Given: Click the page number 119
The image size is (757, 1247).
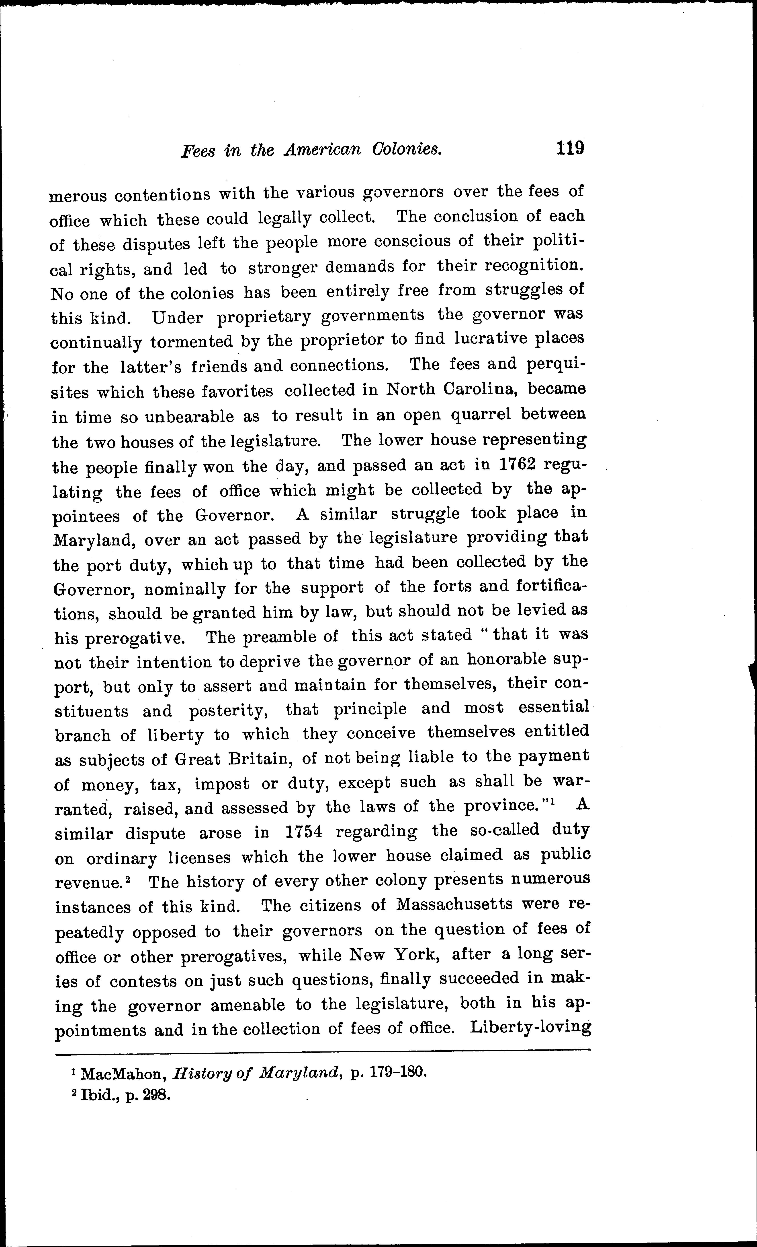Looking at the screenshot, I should click(x=570, y=148).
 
